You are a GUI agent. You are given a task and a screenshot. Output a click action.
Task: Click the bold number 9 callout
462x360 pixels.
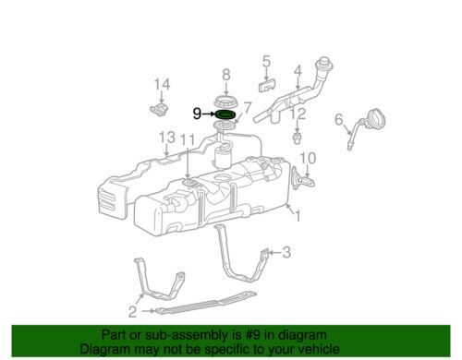pos(197,114)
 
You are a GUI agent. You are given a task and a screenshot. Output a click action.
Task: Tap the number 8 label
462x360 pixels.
pos(226,75)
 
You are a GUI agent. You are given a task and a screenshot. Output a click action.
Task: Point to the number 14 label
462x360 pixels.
pos(162,84)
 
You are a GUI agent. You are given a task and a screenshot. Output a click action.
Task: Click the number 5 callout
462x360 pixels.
pos(266,61)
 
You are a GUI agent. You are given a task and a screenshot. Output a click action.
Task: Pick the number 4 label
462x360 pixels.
pos(298,71)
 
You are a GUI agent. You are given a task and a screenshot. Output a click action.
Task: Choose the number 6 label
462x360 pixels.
pos(339,119)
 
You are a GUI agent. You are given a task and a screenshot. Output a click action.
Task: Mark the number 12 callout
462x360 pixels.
pos(298,114)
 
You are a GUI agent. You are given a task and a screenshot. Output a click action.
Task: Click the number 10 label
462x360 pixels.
pos(308,158)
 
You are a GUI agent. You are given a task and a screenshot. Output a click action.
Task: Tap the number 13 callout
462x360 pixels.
pos(167,138)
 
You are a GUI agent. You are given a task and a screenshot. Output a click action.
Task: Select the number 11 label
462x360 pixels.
pos(188,139)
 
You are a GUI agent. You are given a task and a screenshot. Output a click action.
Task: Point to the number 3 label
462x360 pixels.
pos(286,252)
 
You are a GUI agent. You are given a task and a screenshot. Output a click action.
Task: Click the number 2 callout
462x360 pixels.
pos(132,311)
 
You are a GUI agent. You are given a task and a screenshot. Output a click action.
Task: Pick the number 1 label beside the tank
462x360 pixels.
pos(298,215)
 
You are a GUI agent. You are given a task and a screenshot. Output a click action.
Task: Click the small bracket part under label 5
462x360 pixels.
pos(266,85)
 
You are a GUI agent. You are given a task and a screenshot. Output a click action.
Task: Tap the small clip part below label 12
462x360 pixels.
pos(297,138)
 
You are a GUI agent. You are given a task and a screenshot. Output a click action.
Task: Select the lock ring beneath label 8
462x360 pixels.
pos(225,102)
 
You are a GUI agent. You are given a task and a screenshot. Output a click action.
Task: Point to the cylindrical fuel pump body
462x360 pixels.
pos(223,157)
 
